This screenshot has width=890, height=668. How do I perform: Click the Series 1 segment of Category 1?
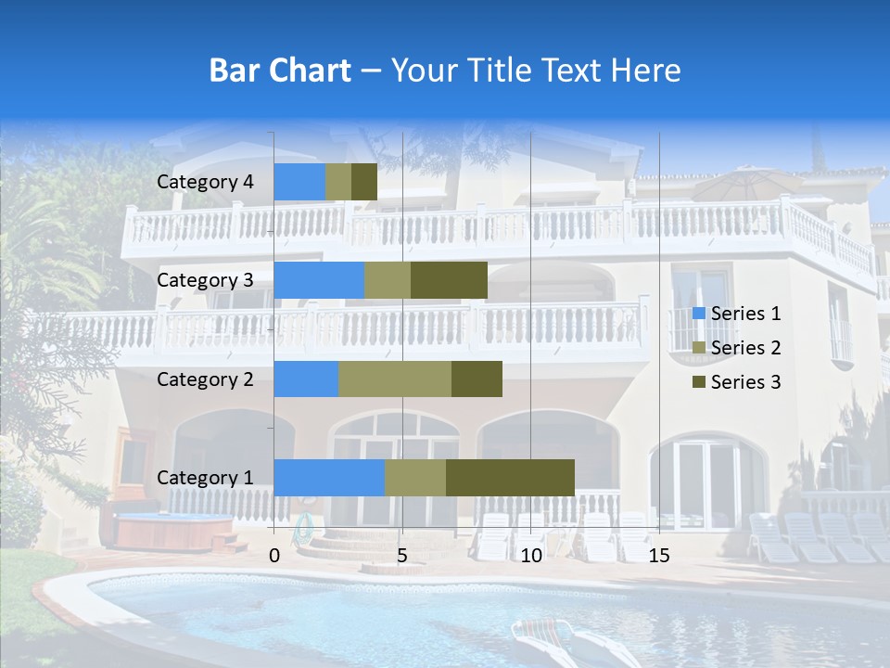coord(329,477)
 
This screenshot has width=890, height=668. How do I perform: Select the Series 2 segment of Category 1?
coord(415,477)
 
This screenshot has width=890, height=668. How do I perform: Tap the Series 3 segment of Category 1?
coord(510,477)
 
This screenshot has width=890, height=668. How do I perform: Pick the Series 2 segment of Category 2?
coord(395,379)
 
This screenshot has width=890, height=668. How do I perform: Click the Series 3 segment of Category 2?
coord(477,379)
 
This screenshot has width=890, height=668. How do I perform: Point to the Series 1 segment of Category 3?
coord(319,280)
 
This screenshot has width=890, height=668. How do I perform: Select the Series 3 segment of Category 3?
coord(449,280)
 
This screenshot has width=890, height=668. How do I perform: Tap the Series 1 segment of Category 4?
coord(299,182)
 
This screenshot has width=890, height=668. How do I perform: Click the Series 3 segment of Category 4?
coord(364,182)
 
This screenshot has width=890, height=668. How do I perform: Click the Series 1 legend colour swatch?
coord(699,314)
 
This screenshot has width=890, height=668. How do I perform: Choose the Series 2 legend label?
coord(745,348)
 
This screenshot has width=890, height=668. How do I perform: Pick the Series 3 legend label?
coord(745,382)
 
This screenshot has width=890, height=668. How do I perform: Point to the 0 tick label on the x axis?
coord(274,556)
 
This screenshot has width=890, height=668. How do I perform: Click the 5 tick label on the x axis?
coord(402,556)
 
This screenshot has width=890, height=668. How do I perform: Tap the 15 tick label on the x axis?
coord(658,556)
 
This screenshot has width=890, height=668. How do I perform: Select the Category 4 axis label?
coord(205,182)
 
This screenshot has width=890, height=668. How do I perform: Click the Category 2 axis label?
coord(205,379)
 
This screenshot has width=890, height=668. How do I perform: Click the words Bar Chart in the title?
coord(280,71)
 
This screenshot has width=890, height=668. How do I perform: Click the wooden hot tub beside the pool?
coord(173,531)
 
